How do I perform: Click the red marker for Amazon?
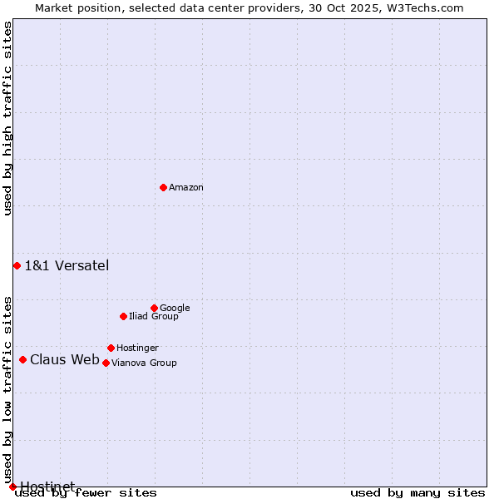pyautogui.click(x=163, y=187)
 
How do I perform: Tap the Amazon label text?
pyautogui.click(x=186, y=188)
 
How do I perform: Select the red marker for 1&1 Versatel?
pyautogui.click(x=17, y=265)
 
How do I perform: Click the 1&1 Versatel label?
pyautogui.click(x=67, y=266)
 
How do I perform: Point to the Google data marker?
pyautogui.click(x=154, y=308)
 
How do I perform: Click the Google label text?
pyautogui.click(x=175, y=309)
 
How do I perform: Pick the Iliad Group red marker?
pyautogui.click(x=123, y=316)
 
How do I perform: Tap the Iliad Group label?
pyautogui.click(x=154, y=317)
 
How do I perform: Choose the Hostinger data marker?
pyautogui.click(x=111, y=348)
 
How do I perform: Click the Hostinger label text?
pyautogui.click(x=137, y=348)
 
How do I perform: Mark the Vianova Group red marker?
pyautogui.click(x=106, y=363)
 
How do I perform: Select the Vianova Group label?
pyautogui.click(x=144, y=363)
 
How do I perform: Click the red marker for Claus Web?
pyautogui.click(x=22, y=359)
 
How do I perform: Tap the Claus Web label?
pyautogui.click(x=65, y=360)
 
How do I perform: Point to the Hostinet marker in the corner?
pyautogui.click(x=12, y=487)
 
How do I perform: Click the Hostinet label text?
pyautogui.click(x=47, y=487)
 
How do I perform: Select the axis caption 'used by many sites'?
pyautogui.click(x=417, y=493)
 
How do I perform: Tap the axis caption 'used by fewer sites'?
pyautogui.click(x=86, y=493)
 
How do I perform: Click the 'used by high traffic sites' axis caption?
pyautogui.click(x=8, y=118)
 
